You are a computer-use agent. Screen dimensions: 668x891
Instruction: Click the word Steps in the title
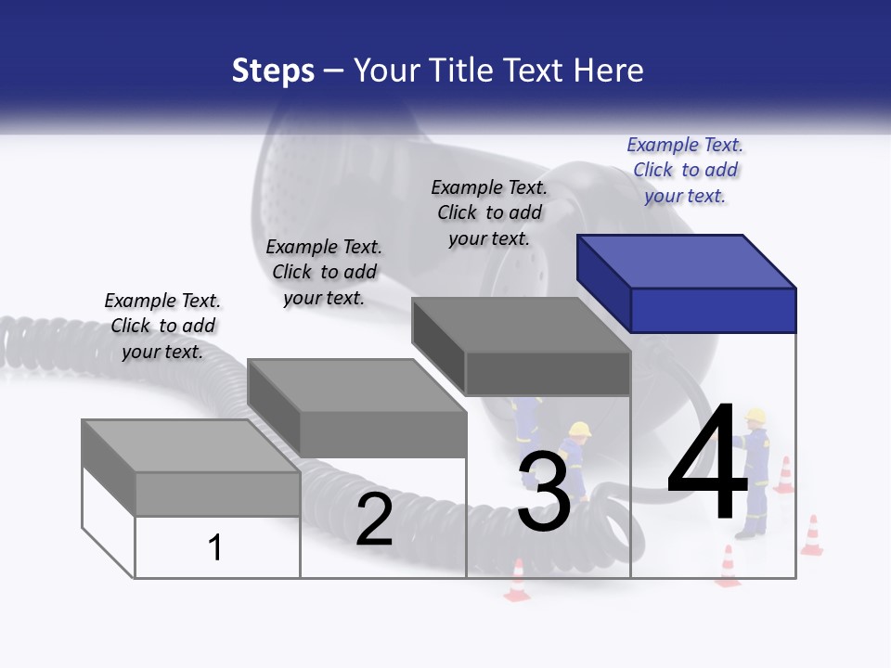coord(273,71)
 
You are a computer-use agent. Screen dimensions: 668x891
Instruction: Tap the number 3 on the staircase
coord(544,493)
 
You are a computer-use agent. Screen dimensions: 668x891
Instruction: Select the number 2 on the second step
coord(374,520)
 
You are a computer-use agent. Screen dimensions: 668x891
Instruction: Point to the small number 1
coord(214,548)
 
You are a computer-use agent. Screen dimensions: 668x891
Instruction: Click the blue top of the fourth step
coord(687,261)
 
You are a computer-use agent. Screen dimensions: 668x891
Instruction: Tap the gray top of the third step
coord(521,325)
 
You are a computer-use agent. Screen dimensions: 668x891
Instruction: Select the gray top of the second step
coord(356,385)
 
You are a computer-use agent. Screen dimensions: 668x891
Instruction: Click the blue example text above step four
coord(685,170)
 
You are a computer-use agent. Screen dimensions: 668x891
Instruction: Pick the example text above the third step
coord(489,212)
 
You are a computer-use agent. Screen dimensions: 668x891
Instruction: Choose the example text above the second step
coord(324,272)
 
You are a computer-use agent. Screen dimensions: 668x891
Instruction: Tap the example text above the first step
coord(162,326)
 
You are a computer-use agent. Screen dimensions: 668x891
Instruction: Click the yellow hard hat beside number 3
coord(580,430)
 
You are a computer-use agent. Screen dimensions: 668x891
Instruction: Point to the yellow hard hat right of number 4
coord(755,415)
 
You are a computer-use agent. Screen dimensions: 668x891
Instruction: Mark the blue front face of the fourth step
coord(713,310)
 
